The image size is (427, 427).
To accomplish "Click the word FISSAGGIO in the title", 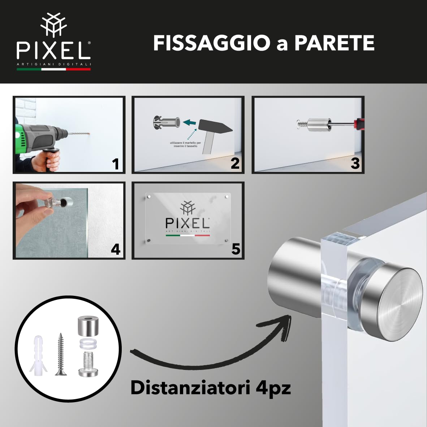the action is point(212,43).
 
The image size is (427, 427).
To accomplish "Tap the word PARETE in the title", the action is point(335,43).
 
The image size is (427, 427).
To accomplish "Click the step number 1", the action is point(116,164).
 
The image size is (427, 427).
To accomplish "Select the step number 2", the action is point(235,163).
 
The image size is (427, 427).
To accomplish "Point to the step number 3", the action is point(355,163).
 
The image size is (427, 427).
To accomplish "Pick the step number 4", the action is point(116,249).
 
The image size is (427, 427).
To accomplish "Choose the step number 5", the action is point(236,249).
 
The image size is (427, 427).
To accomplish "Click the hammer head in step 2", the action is point(215,126).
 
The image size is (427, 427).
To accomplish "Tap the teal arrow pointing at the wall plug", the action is point(190,123).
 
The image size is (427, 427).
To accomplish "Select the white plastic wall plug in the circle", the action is point(38,354).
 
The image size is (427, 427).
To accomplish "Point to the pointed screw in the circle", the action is point(60,354).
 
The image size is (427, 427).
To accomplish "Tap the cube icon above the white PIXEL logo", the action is point(53,25).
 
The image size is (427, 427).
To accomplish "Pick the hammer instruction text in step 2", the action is point(185,145).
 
